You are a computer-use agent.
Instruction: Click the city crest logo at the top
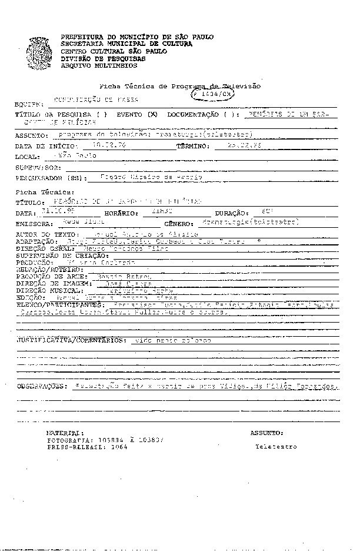(41, 50)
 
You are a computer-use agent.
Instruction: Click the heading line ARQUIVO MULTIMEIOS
(91, 65)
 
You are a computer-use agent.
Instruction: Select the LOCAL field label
(27, 157)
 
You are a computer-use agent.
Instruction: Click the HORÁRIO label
(121, 213)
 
